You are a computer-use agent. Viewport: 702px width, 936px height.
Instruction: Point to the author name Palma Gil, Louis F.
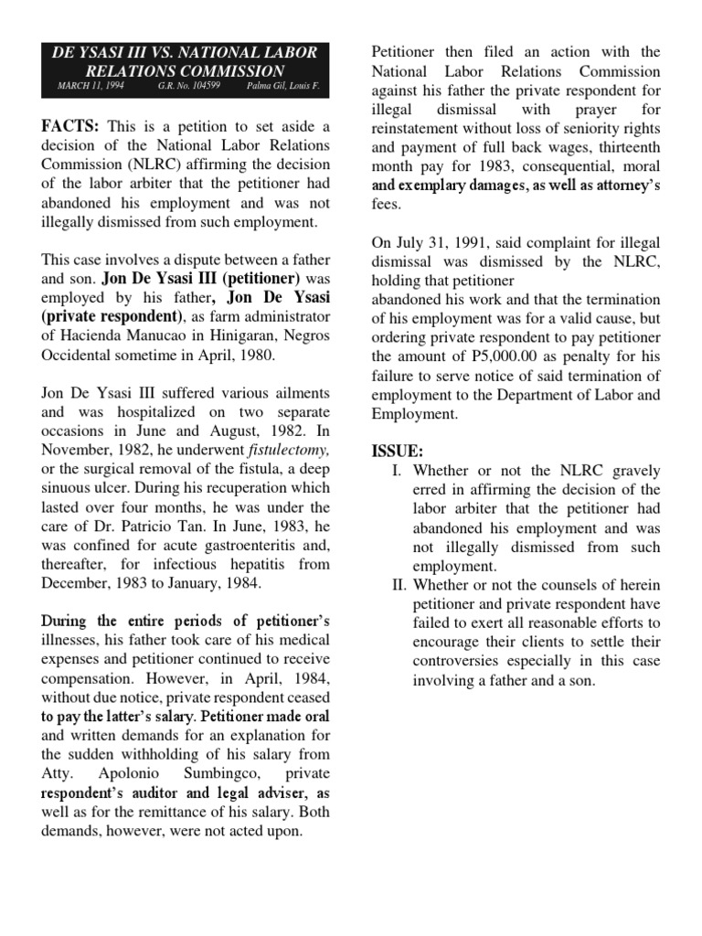pyautogui.click(x=283, y=88)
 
